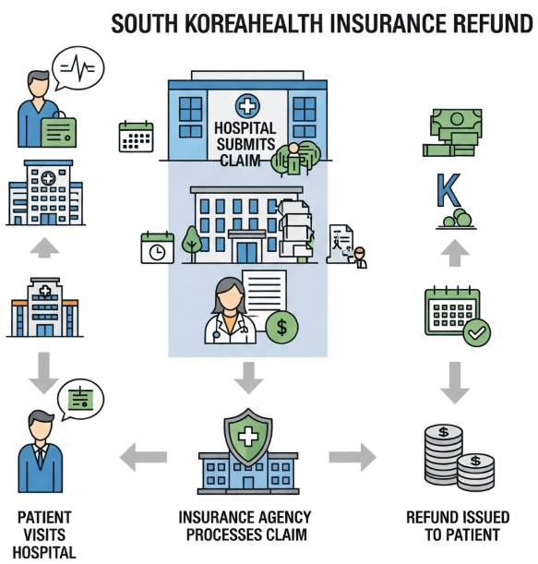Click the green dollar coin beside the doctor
click(x=282, y=327)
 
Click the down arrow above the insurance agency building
click(x=247, y=377)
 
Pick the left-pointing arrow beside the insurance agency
click(x=145, y=455)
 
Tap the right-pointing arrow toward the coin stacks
click(x=352, y=455)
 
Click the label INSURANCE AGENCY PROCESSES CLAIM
click(x=247, y=526)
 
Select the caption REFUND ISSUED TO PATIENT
click(x=452, y=526)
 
